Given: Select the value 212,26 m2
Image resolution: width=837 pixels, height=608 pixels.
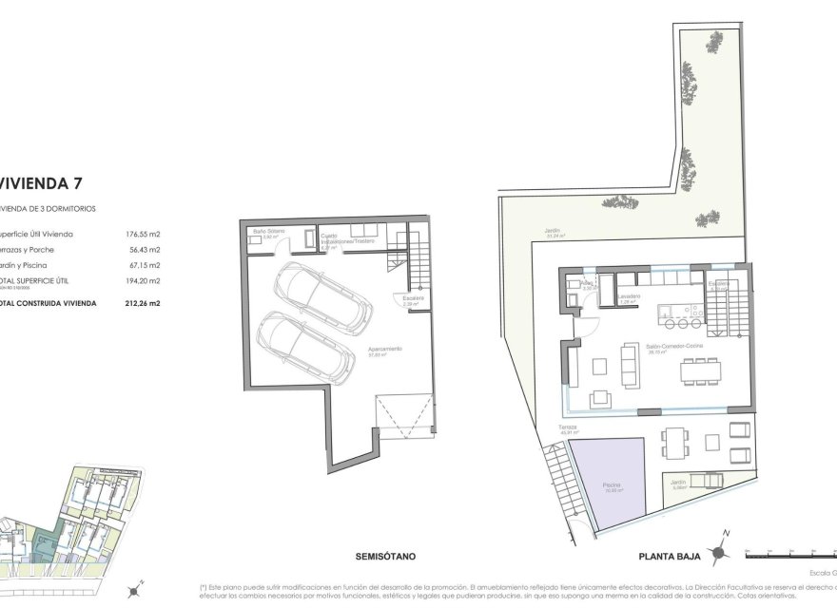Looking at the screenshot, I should point(142,303).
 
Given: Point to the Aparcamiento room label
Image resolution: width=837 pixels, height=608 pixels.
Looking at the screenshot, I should point(385,350).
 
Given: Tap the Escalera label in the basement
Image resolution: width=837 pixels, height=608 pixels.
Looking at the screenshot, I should point(412,299).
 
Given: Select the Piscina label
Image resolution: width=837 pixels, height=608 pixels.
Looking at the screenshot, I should point(612,486).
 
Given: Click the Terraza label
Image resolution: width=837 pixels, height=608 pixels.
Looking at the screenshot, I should point(568,428).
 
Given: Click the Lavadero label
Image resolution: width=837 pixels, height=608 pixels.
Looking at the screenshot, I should point(628,295).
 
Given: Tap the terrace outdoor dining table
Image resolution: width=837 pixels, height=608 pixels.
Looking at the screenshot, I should point(674,440).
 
